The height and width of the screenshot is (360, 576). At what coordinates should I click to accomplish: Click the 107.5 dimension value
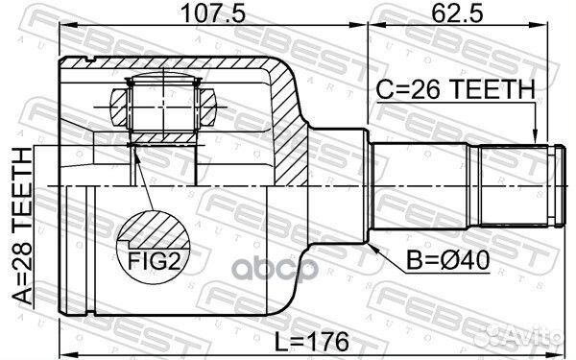click(x=213, y=13)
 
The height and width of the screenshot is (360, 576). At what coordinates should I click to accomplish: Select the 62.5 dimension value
click(x=457, y=13)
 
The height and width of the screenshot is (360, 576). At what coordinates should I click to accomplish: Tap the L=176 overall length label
click(x=311, y=342)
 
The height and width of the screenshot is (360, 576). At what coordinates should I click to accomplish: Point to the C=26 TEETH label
click(x=455, y=89)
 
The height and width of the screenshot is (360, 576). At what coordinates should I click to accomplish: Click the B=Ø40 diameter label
click(x=447, y=260)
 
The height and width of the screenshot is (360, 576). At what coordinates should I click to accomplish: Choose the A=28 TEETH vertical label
click(x=22, y=226)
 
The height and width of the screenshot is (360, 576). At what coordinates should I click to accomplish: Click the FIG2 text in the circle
click(x=154, y=261)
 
